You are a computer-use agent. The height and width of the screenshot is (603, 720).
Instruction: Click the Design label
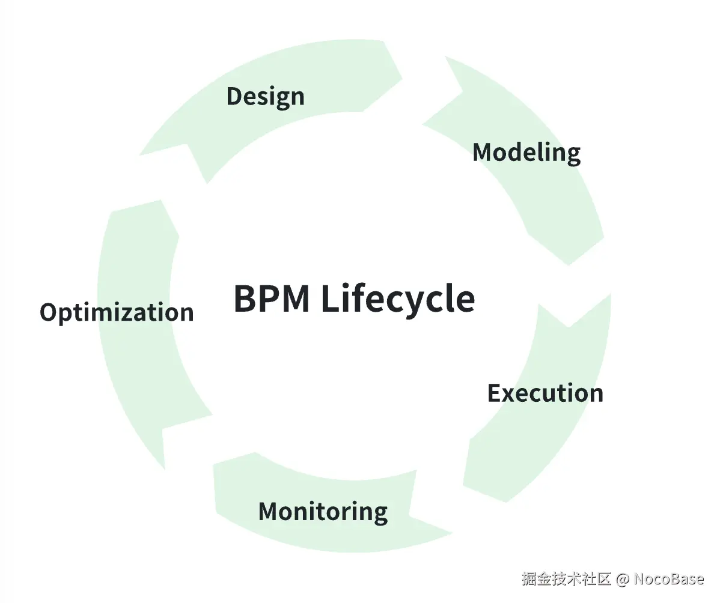pyautogui.click(x=265, y=97)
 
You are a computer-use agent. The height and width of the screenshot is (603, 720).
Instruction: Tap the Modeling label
pyautogui.click(x=526, y=153)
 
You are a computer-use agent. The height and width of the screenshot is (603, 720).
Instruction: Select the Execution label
pyautogui.click(x=545, y=393)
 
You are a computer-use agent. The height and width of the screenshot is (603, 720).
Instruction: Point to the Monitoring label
pyautogui.click(x=323, y=512)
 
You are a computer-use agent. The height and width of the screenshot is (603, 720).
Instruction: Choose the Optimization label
pyautogui.click(x=117, y=313)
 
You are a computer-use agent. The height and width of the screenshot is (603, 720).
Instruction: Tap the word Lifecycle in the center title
pyautogui.click(x=397, y=298)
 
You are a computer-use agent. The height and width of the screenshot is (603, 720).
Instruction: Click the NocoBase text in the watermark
pyautogui.click(x=668, y=579)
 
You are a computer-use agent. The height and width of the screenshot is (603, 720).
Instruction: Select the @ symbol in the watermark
pyautogui.click(x=623, y=579)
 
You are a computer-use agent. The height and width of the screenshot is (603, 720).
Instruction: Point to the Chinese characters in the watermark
pyautogui.click(x=566, y=579)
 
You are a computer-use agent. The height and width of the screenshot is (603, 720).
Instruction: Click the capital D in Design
pyautogui.click(x=234, y=97)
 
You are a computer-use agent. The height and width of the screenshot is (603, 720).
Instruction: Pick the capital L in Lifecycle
pyautogui.click(x=329, y=298)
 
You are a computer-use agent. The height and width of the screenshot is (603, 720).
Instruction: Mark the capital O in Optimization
pyautogui.click(x=49, y=313)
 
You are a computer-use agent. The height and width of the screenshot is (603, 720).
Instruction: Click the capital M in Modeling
pyautogui.click(x=483, y=153)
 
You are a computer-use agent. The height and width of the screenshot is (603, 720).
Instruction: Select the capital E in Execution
pyautogui.click(x=494, y=393)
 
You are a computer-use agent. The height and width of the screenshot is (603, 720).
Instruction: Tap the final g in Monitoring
pyautogui.click(x=379, y=514)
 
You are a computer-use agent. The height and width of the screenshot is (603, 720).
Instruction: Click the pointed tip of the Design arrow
pyautogui.click(x=402, y=79)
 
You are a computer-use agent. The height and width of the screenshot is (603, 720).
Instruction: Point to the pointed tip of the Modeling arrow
pyautogui.click(x=569, y=265)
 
